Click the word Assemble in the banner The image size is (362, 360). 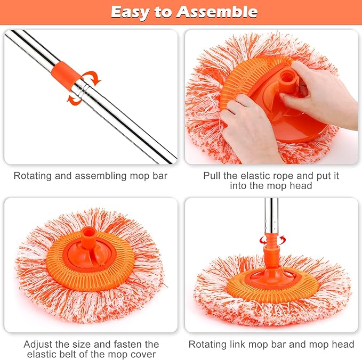click(217, 12)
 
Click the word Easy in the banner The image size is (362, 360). click(131, 13)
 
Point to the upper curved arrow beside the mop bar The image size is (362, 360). click(92, 78)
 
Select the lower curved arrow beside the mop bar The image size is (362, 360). click(74, 99)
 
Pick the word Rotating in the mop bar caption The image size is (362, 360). click(33, 176)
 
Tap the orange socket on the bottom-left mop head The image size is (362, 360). click(89, 238)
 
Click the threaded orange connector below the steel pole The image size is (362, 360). click(272, 250)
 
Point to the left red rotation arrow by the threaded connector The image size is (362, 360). click(262, 241)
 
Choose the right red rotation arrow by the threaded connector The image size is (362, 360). click(282, 240)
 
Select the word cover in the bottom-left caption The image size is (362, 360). click(143, 354)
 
